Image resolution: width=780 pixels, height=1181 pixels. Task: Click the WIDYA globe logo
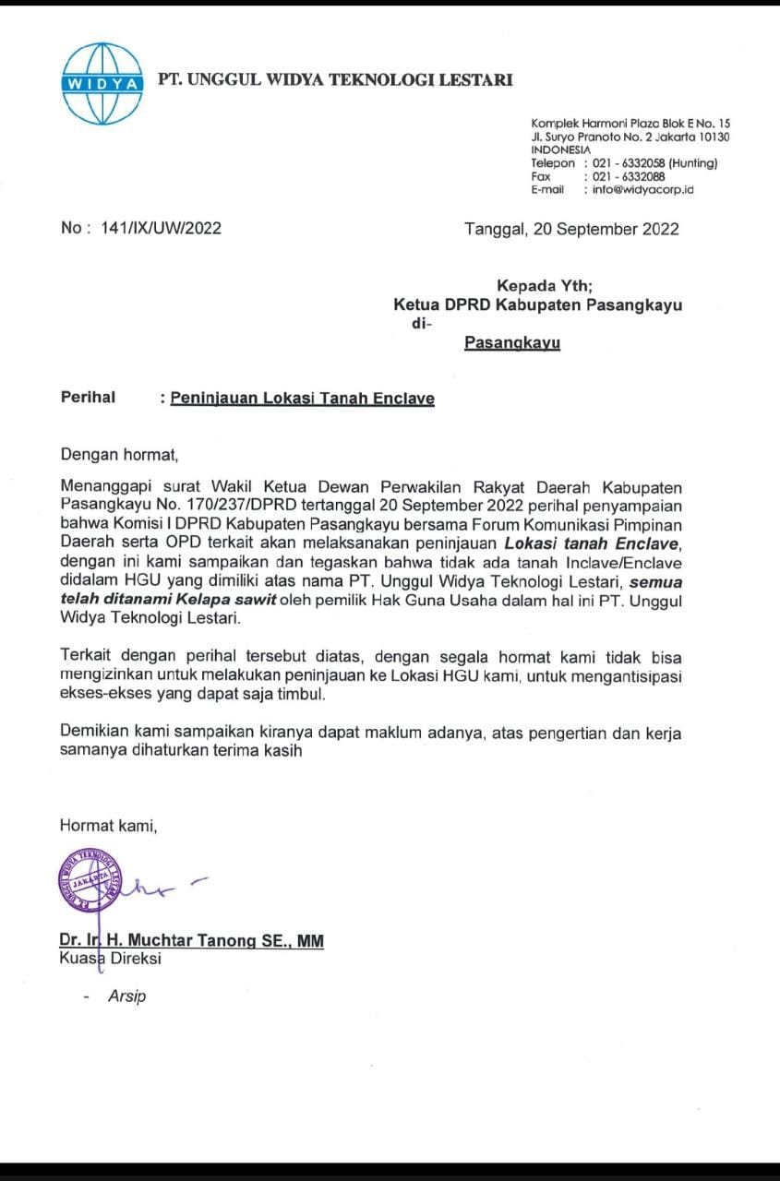pos(102,83)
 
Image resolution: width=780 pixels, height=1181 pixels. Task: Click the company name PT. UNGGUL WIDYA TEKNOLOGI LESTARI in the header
pos(335,79)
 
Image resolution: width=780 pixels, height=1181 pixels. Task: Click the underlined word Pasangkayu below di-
pos(512,342)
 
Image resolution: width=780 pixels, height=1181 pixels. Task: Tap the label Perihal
pos(88,398)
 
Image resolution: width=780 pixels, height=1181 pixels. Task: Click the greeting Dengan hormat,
pos(117,454)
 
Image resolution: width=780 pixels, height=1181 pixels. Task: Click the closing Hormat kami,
pos(108,826)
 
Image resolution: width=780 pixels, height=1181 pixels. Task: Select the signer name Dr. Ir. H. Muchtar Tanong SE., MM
pos(192,941)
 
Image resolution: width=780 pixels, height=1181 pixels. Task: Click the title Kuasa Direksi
pos(111,959)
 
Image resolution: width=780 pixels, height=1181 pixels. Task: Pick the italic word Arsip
pos(126,996)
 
